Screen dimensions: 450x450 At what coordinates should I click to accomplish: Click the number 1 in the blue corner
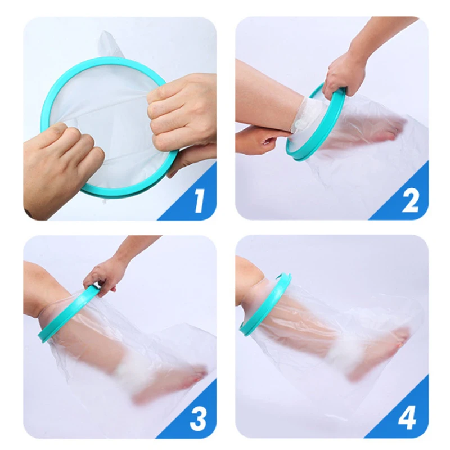coord(199,201)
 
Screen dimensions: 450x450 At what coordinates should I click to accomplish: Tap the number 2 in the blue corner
coord(411,201)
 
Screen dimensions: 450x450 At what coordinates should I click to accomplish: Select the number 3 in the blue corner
coord(198,418)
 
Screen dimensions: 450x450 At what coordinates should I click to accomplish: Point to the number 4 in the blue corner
coord(409,418)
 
